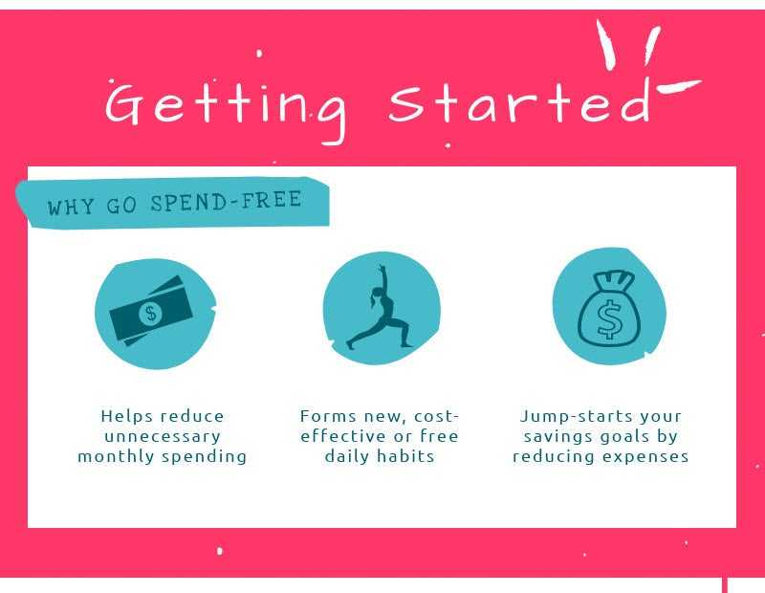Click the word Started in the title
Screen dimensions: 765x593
click(x=520, y=102)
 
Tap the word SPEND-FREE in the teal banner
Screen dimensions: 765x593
click(x=226, y=201)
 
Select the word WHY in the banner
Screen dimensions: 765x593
click(x=71, y=207)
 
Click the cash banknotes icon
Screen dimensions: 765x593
click(x=151, y=311)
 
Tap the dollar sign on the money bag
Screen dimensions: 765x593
click(x=608, y=319)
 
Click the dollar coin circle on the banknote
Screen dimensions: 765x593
click(x=151, y=313)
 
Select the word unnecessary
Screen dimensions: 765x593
click(x=163, y=436)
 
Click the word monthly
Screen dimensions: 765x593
click(x=116, y=456)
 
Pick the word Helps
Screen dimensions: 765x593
click(x=127, y=416)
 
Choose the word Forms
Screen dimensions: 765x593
click(x=328, y=416)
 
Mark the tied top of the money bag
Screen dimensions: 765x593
click(x=613, y=280)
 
